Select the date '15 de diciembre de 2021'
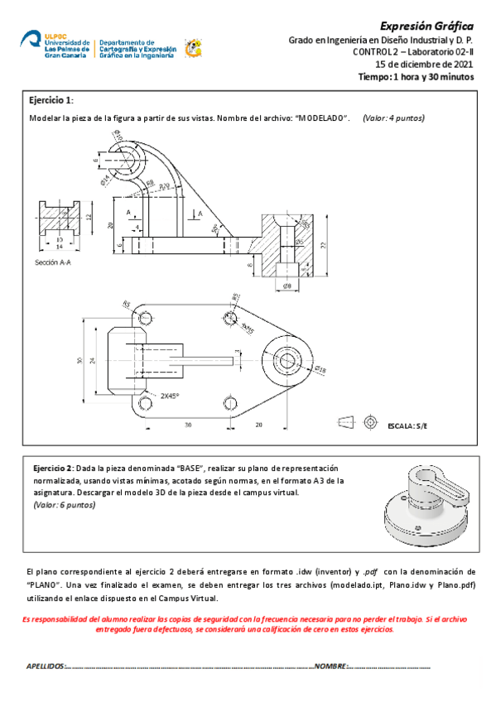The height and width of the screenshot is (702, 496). point(424,64)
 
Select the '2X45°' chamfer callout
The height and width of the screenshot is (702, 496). point(171,396)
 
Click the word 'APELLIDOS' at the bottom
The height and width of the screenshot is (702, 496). point(45,666)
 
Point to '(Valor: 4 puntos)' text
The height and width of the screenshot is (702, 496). point(393,118)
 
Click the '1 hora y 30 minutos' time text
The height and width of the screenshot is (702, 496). point(431,76)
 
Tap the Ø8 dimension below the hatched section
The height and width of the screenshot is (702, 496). point(287,286)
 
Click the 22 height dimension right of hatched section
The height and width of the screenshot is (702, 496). point(323,244)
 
